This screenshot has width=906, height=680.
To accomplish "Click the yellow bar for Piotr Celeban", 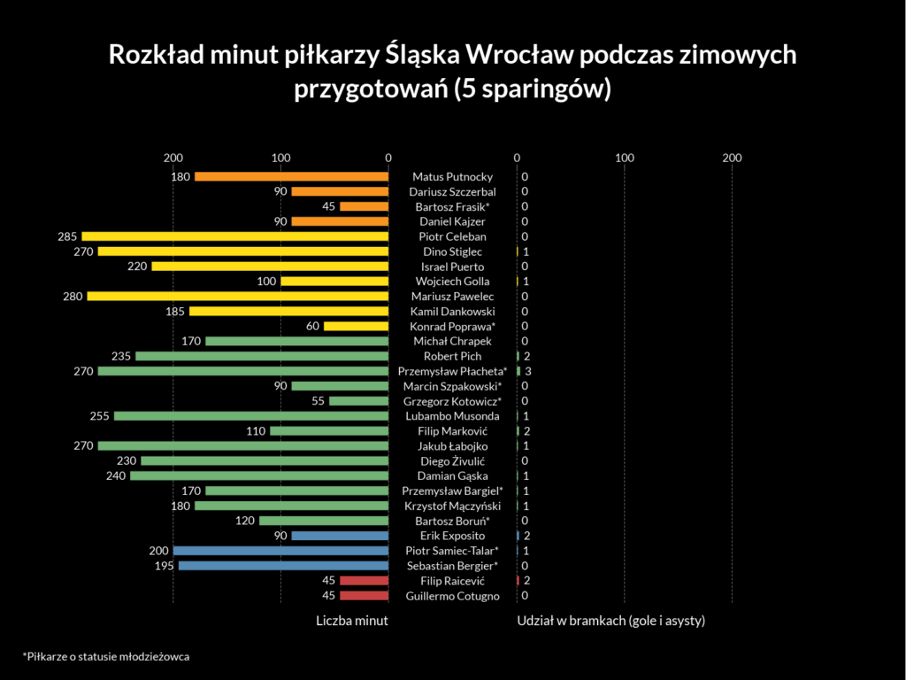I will click(x=235, y=236).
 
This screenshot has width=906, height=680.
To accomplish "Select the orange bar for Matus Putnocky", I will click(x=291, y=177).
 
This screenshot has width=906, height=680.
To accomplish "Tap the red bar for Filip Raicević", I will click(x=365, y=581).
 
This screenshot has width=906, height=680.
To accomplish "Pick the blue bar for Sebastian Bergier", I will click(x=283, y=566).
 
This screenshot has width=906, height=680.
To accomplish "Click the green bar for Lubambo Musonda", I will click(x=251, y=416).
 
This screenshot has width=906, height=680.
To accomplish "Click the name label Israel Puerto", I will click(x=452, y=267).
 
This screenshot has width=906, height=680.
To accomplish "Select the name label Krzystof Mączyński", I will click(x=452, y=506).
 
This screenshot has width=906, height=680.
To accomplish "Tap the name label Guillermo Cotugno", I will click(x=452, y=596).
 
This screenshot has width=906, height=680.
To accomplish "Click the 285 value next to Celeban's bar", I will click(x=67, y=236).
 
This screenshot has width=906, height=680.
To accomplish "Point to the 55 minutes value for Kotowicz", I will click(x=319, y=401).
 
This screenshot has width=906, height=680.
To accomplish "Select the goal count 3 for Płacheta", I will click(x=528, y=371).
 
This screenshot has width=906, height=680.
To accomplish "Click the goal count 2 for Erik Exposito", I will click(x=526, y=536).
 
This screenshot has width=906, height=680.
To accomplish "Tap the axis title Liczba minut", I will click(x=352, y=621).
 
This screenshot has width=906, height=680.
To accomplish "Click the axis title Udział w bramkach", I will click(x=610, y=621).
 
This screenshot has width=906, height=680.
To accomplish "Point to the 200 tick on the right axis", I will click(x=732, y=158).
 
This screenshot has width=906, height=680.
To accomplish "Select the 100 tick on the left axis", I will click(x=280, y=158).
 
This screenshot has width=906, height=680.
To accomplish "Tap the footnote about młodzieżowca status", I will click(x=106, y=657).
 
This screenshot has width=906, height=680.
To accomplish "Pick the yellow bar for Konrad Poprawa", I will click(x=356, y=326).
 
